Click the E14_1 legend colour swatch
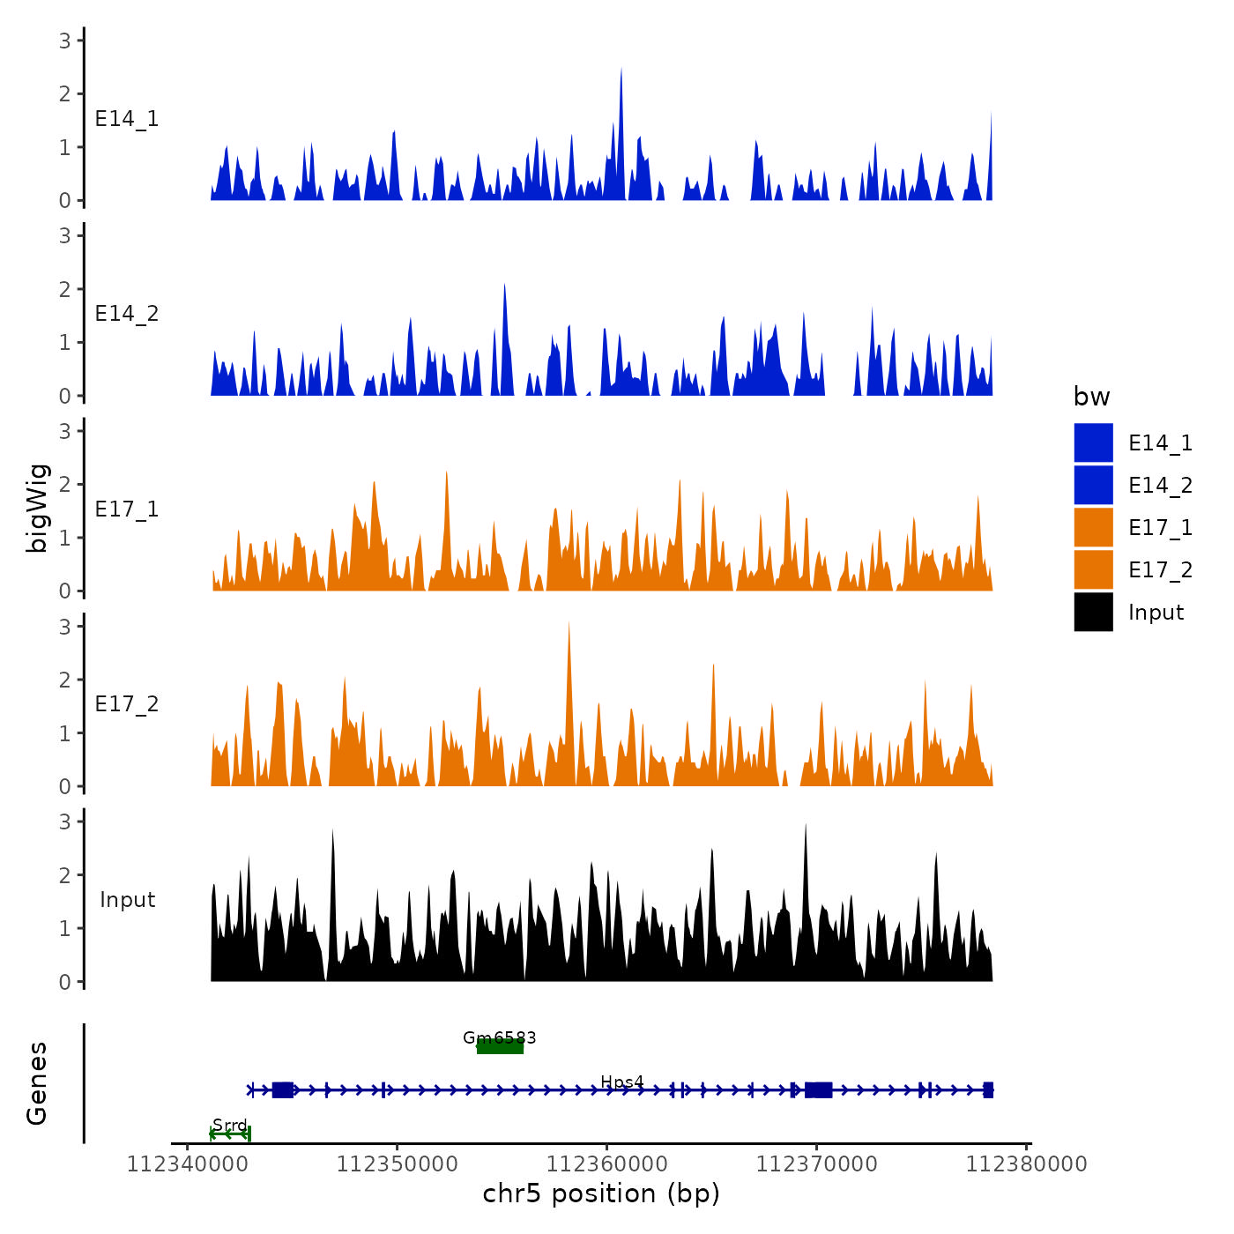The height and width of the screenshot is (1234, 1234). point(1093,442)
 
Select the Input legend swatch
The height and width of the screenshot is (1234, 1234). point(1093,612)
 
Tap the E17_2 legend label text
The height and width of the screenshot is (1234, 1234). point(1160,570)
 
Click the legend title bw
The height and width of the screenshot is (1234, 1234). point(1091,397)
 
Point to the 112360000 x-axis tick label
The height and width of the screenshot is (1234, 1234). point(606,1164)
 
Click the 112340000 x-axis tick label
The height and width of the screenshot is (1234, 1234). point(187,1164)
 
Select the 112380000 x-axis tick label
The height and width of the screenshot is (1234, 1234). point(1026,1164)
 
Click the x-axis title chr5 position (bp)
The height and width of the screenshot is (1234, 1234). point(601,1194)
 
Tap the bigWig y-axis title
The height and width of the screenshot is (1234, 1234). point(37,509)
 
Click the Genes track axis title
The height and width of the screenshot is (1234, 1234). point(37,1083)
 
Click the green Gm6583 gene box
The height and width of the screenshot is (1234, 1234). point(500,1046)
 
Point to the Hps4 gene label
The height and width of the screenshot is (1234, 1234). point(622,1082)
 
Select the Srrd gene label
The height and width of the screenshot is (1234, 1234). point(230,1126)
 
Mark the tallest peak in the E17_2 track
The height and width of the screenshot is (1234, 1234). point(569,624)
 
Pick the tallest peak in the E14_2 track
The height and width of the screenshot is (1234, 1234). point(504,286)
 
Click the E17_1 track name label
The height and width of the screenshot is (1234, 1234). point(127,509)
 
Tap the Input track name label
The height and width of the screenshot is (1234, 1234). point(127,900)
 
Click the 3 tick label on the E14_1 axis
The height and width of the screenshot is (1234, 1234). point(65,41)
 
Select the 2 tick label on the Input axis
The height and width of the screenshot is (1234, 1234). point(65,875)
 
